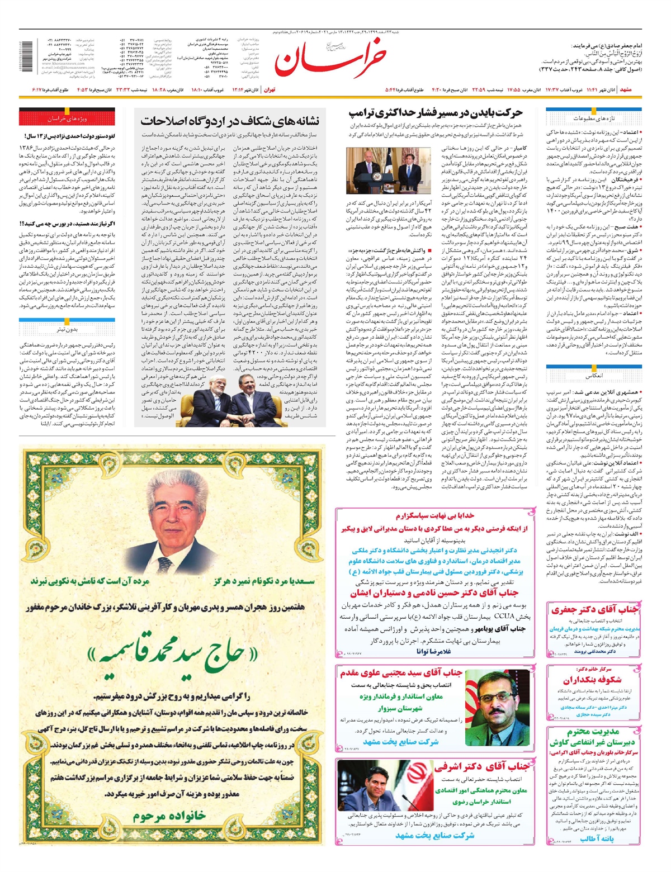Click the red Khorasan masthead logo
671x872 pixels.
click(331, 60)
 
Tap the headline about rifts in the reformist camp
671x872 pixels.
click(230, 120)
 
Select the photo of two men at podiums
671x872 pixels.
click(388, 171)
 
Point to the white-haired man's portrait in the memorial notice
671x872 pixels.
click(172, 519)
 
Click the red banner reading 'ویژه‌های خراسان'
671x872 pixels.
click(67, 119)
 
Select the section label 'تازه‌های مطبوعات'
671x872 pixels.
click(593, 119)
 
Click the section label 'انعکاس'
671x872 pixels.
click(593, 376)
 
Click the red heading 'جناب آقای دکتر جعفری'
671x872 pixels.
click(594, 609)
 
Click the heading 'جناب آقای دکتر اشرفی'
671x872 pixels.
click(481, 766)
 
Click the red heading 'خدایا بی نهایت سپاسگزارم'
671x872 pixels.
click(435, 515)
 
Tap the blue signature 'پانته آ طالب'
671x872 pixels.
click(597, 838)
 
